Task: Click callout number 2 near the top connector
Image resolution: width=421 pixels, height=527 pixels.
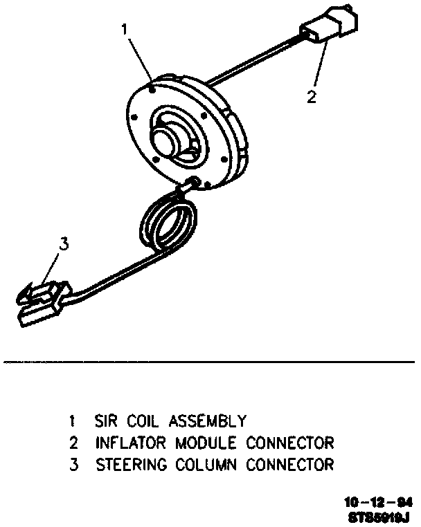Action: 312,96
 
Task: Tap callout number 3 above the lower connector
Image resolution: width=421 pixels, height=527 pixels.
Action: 63,243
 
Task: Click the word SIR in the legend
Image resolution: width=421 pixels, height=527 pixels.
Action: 105,420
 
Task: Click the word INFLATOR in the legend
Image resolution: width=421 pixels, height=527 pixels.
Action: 128,442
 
